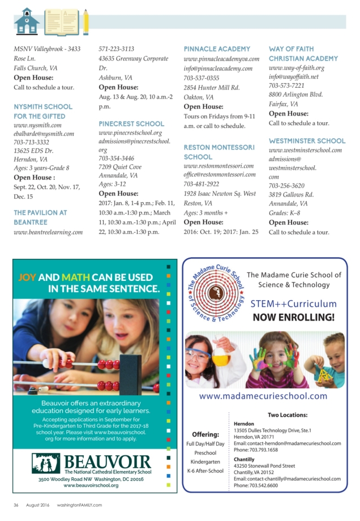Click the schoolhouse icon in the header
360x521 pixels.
click(x=27, y=22)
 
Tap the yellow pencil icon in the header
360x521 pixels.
click(x=85, y=22)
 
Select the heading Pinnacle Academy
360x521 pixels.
click(x=209, y=49)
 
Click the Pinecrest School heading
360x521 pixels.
click(x=131, y=123)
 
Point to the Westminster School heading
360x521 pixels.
click(x=307, y=140)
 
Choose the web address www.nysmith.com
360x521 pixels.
click(x=37, y=125)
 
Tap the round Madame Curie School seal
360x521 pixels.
click(x=216, y=292)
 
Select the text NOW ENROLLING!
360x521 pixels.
click(x=294, y=317)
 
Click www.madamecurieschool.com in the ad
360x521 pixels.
click(x=263, y=396)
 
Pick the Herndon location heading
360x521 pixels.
click(x=244, y=423)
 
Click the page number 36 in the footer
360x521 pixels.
click(x=16, y=505)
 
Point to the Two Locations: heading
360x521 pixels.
click(x=287, y=415)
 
